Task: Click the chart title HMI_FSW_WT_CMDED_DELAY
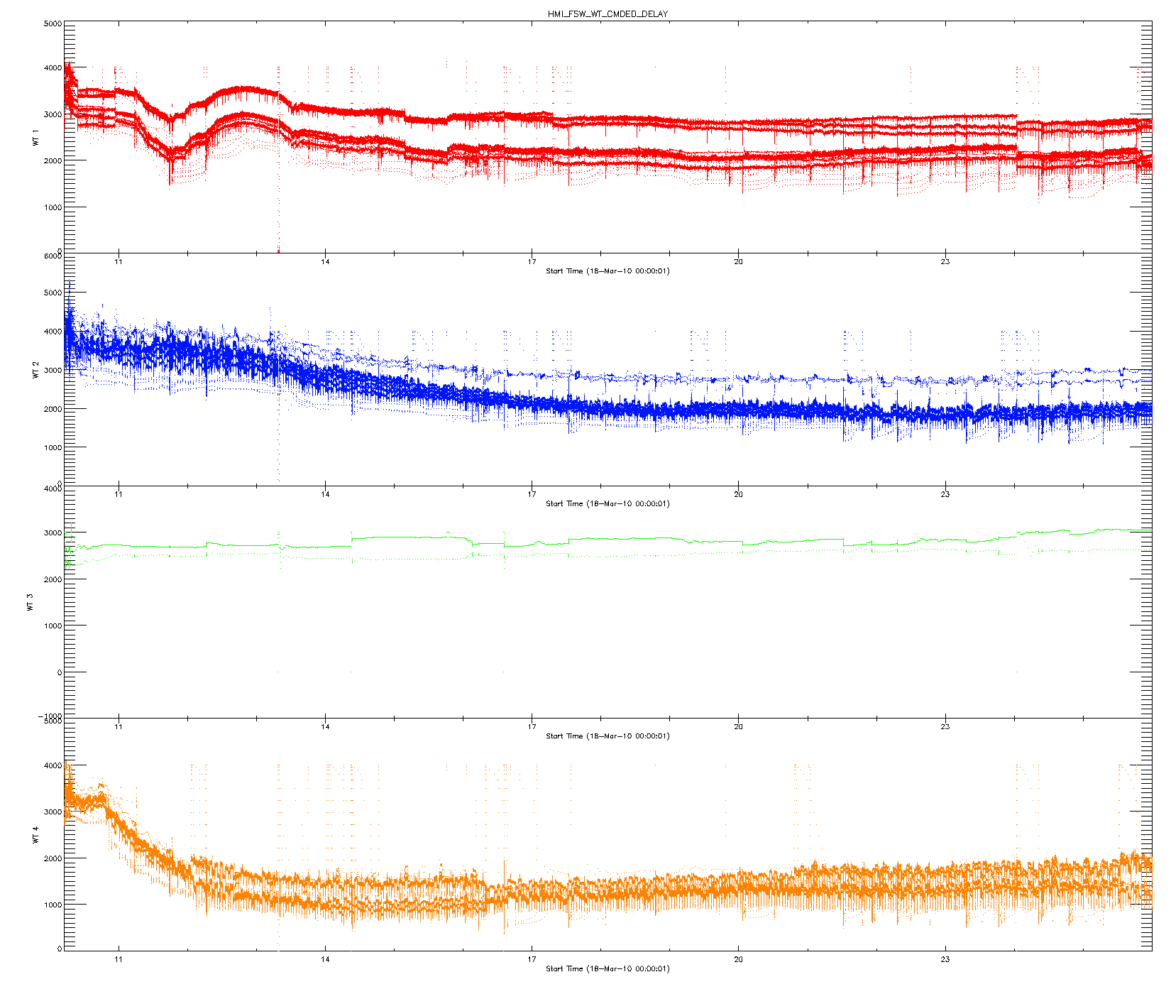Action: pyautogui.click(x=608, y=14)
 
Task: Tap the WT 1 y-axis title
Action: pyautogui.click(x=35, y=138)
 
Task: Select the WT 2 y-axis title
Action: pyautogui.click(x=35, y=369)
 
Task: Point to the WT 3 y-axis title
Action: pyautogui.click(x=30, y=602)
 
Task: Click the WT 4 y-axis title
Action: pyautogui.click(x=35, y=834)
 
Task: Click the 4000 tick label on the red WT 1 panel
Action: pyautogui.click(x=53, y=68)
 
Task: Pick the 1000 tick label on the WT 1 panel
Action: pyautogui.click(x=53, y=207)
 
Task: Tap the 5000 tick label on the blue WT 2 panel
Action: pyautogui.click(x=53, y=293)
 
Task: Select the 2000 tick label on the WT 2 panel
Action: pyautogui.click(x=53, y=409)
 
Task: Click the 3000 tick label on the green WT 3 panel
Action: pyautogui.click(x=53, y=533)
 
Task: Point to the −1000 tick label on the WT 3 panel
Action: pyautogui.click(x=51, y=716)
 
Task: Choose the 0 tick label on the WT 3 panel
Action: pyautogui.click(x=59, y=672)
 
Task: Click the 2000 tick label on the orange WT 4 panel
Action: pyautogui.click(x=53, y=858)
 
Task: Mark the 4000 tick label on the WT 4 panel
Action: pyautogui.click(x=53, y=765)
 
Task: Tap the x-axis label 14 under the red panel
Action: pyautogui.click(x=325, y=262)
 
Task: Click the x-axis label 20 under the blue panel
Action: pyautogui.click(x=738, y=494)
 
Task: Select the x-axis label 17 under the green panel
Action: pyautogui.click(x=532, y=727)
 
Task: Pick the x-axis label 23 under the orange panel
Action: pyautogui.click(x=945, y=959)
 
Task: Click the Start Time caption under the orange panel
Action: pyautogui.click(x=608, y=968)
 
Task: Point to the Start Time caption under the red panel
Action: pyautogui.click(x=608, y=271)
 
